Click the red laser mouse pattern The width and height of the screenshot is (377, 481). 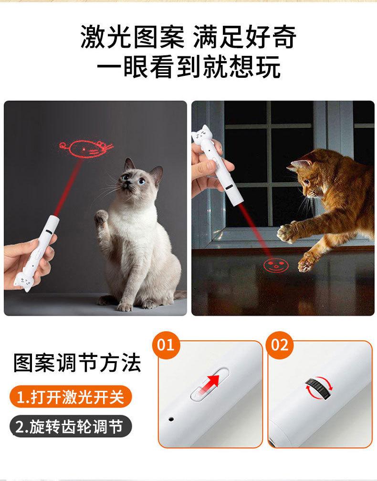tap(86, 149)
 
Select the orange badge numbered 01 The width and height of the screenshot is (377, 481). tap(166, 345)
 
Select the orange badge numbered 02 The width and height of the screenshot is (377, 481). tap(280, 345)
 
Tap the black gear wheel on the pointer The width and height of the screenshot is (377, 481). tap(319, 388)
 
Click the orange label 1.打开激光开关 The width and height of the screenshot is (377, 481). tap(70, 397)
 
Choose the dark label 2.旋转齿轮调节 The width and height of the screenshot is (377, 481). tap(70, 427)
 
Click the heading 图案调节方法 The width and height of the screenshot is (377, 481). tap(77, 363)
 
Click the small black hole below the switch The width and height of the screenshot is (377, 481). tap(171, 419)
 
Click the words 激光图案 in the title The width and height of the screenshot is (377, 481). tap(133, 37)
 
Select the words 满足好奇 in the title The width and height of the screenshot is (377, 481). tap(245, 37)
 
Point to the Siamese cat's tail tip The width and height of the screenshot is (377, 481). tap(183, 294)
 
